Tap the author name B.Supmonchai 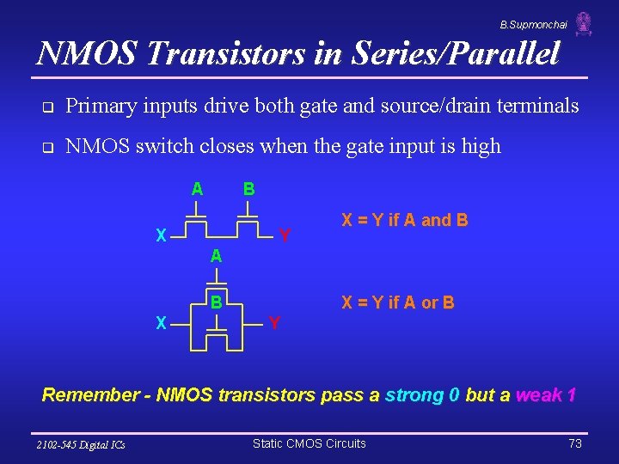click(x=533, y=25)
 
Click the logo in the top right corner click(x=584, y=24)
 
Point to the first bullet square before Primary click(x=48, y=107)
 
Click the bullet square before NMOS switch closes click(x=48, y=147)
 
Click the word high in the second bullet click(x=479, y=146)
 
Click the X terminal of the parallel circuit click(x=161, y=323)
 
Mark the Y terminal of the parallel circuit click(x=274, y=323)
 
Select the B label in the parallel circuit click(x=218, y=302)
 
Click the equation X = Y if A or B click(x=398, y=302)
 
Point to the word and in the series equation click(x=436, y=220)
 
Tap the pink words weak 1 click(x=545, y=395)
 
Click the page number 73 click(x=576, y=443)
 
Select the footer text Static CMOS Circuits click(x=309, y=443)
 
